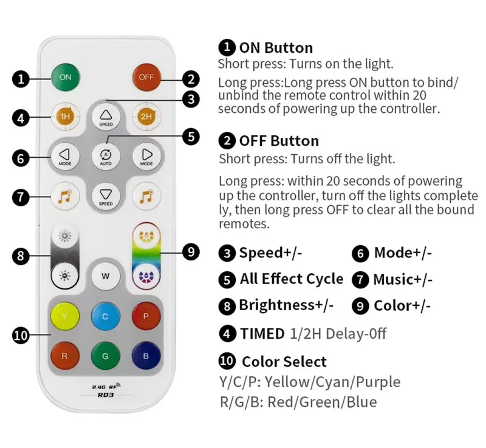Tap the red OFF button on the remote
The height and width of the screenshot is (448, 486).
click(x=146, y=77)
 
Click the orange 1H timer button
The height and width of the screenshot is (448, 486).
click(x=65, y=117)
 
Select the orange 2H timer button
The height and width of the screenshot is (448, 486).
click(x=146, y=117)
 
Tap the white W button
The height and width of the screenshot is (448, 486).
click(x=105, y=276)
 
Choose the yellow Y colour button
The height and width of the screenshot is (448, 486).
click(x=65, y=316)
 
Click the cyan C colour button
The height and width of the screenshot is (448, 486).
click(x=105, y=316)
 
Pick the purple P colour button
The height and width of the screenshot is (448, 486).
click(x=146, y=316)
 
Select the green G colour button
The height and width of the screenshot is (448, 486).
click(x=105, y=356)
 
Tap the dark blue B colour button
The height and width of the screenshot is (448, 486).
click(x=146, y=356)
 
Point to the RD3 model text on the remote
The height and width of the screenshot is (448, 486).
click(x=106, y=395)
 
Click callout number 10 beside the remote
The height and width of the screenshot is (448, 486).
click(x=21, y=335)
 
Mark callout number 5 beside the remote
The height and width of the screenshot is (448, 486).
click(x=191, y=137)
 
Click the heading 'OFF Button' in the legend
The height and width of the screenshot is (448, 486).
click(x=279, y=141)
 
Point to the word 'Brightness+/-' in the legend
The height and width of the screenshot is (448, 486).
click(x=286, y=305)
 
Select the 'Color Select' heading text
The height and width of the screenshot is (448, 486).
click(x=284, y=362)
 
